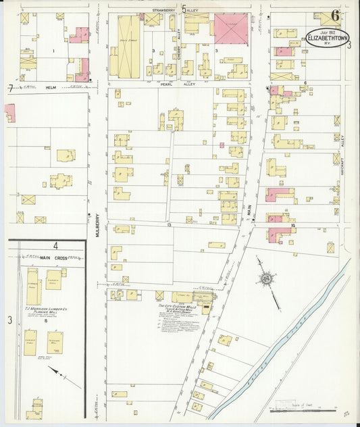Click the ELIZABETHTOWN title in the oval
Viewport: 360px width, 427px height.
(x=327, y=39)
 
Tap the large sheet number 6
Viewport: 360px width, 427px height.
(x=336, y=17)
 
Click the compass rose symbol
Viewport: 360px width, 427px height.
(x=267, y=278)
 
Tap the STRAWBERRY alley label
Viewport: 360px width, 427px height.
(x=164, y=11)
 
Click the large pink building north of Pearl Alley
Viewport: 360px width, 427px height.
(x=230, y=27)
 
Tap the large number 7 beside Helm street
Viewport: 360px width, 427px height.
(x=9, y=88)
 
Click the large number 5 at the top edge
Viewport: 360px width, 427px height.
(x=183, y=9)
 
